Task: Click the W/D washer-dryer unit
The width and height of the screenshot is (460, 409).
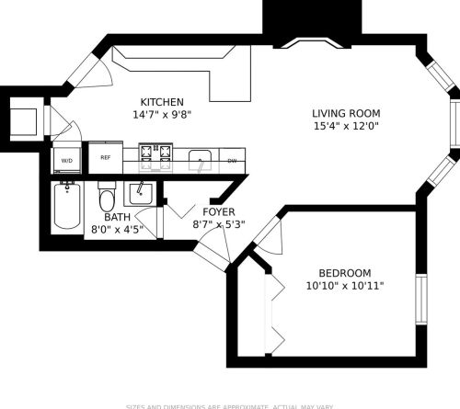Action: tap(66, 159)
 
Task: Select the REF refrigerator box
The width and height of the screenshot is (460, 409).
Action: tap(104, 158)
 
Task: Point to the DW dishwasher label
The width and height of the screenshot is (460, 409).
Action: tap(232, 162)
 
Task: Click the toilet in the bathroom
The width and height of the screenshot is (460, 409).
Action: tap(107, 199)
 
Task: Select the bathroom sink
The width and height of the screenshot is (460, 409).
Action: tap(138, 194)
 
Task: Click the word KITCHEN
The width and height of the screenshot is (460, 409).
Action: tap(162, 102)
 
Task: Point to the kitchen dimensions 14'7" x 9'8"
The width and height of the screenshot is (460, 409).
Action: tap(162, 116)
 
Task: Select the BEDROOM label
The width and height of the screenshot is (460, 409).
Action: tap(344, 273)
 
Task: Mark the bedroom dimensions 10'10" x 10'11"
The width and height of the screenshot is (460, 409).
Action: tap(344, 287)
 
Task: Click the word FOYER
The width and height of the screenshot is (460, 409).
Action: tap(213, 211)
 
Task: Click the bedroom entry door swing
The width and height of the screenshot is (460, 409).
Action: tap(267, 235)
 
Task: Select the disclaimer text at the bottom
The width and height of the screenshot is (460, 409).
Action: tap(229, 404)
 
